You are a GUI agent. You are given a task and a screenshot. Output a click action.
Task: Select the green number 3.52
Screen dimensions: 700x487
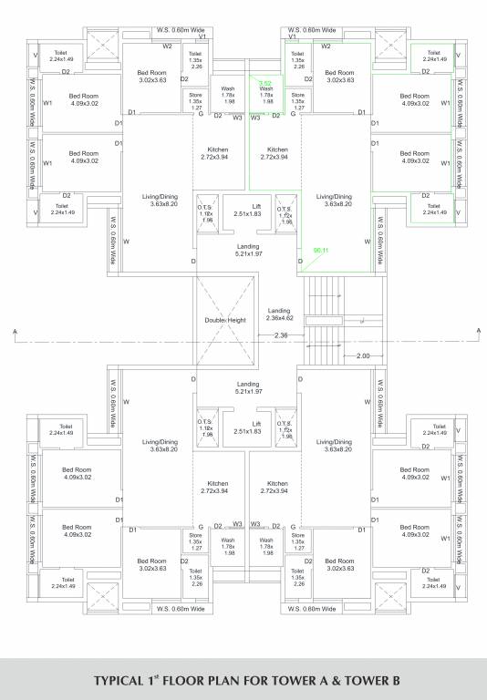tap(265, 83)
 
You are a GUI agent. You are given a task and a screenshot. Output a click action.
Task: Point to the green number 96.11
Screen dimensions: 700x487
tap(320, 250)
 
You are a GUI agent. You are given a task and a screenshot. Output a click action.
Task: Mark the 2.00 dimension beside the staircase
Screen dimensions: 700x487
tap(362, 355)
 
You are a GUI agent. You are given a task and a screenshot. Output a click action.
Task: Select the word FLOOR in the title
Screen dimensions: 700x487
tap(200, 680)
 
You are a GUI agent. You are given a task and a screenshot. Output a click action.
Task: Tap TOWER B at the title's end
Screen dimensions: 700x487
tap(369, 680)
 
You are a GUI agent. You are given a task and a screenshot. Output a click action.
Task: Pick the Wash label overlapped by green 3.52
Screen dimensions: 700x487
tap(266, 89)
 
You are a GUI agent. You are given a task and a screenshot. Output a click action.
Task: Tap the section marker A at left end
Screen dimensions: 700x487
tap(16, 330)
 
